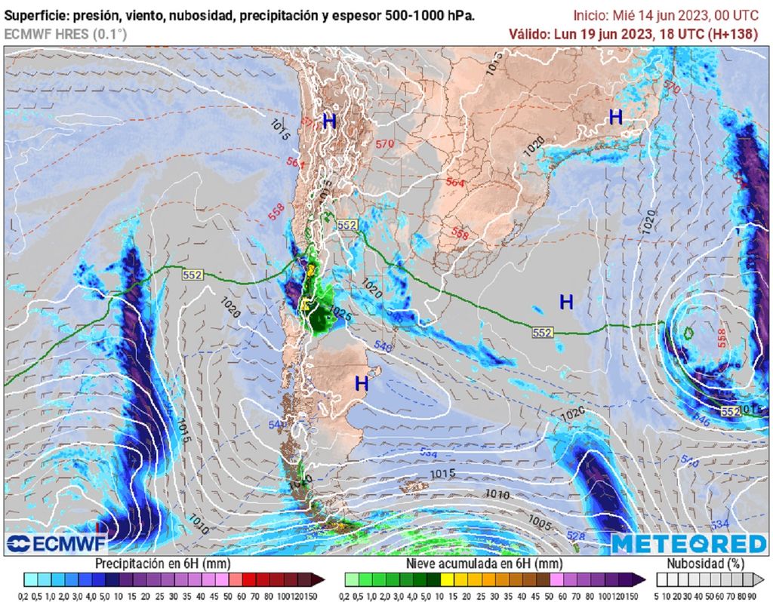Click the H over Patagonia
coord(362,383)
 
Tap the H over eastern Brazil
coord(616,117)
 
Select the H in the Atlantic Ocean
coord(566,302)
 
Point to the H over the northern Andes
coord(329,121)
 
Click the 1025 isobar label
coord(340,318)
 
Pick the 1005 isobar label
coord(539,521)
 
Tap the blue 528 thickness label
coord(575,536)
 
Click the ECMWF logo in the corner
coord(56,543)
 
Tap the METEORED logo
coord(688,544)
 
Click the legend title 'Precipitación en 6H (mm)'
coord(162,564)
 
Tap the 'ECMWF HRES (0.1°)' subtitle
coord(66,34)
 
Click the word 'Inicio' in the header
coord(591,15)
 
